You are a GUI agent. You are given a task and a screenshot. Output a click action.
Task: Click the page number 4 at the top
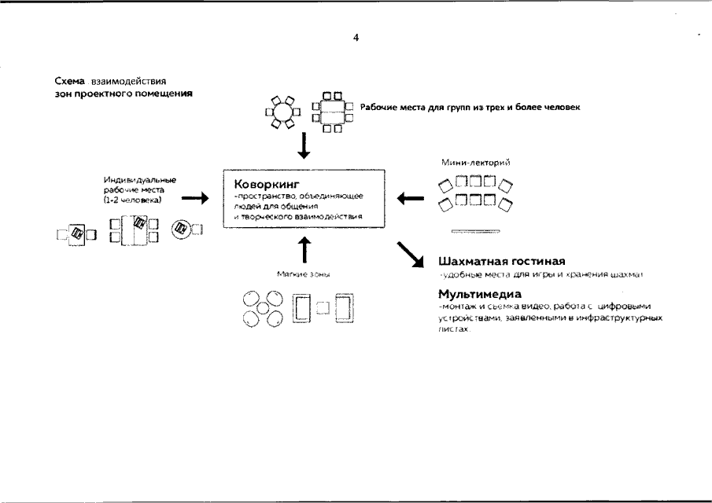pyautogui.click(x=356, y=37)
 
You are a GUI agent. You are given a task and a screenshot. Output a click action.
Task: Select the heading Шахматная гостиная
pyautogui.click(x=502, y=260)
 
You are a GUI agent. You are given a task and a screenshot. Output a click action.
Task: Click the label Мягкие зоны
pyautogui.click(x=303, y=274)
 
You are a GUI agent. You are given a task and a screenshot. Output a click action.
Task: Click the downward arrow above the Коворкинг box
pyautogui.click(x=303, y=146)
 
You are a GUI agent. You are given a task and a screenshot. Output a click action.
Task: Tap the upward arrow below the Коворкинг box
pyautogui.click(x=303, y=249)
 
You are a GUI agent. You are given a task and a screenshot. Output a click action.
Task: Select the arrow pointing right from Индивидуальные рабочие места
pyautogui.click(x=194, y=200)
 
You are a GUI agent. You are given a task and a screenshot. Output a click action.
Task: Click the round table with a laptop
pyautogui.click(x=182, y=228)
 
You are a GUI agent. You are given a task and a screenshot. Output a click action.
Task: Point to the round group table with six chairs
pyautogui.click(x=282, y=112)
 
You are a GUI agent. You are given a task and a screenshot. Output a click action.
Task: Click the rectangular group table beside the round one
pyautogui.click(x=330, y=112)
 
